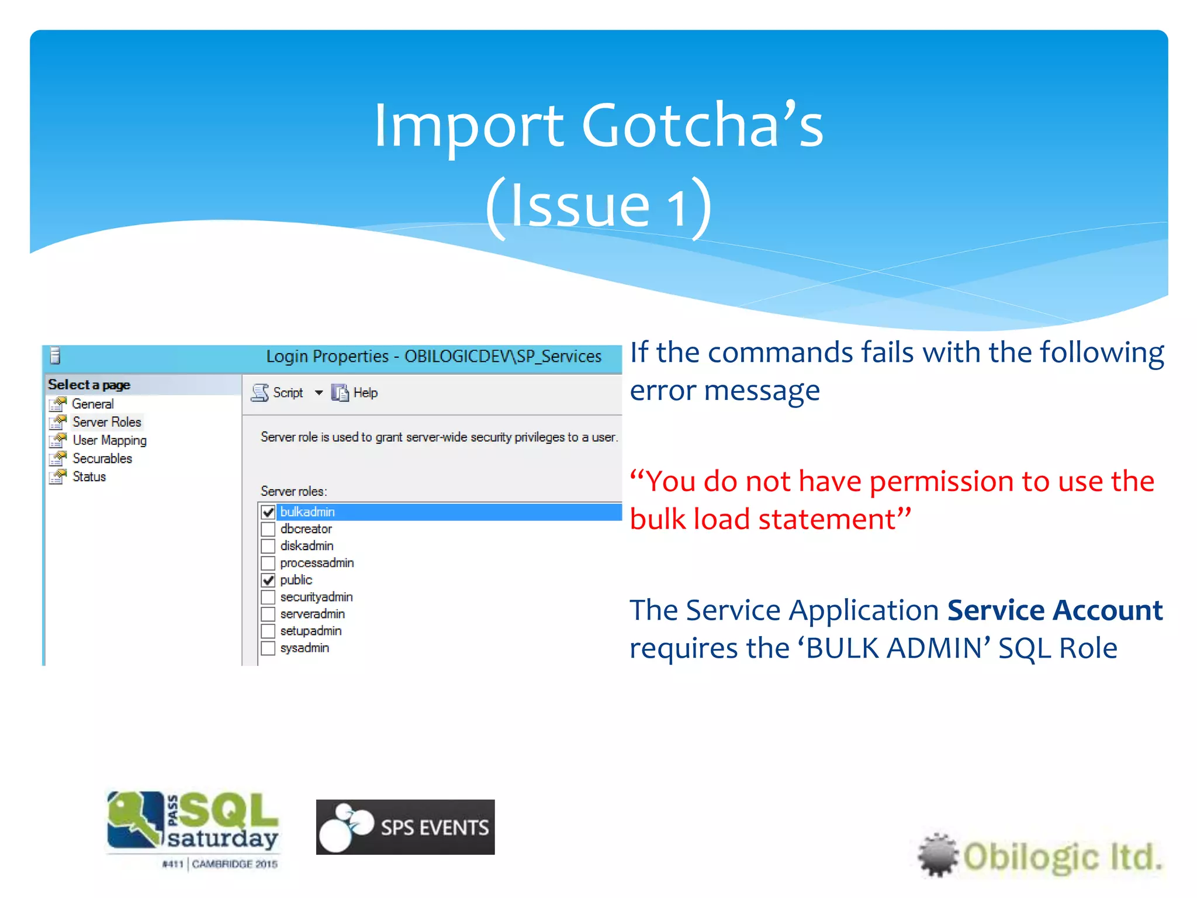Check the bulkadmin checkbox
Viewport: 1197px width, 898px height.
268,512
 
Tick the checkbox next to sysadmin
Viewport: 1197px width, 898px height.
268,648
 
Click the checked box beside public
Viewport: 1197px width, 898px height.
268,580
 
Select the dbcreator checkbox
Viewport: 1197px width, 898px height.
268,529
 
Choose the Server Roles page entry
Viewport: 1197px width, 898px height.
106,422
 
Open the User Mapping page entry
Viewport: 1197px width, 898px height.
109,440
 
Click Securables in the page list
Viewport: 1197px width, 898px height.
102,458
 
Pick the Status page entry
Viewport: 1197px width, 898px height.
89,476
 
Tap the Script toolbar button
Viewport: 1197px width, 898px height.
278,393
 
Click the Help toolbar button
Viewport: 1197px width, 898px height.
355,393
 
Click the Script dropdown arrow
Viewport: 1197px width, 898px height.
319,393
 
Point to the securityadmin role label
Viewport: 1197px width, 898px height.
316,597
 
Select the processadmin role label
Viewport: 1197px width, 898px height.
317,563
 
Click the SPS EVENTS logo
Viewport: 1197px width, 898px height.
405,827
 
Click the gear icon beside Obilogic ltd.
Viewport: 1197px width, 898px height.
937,855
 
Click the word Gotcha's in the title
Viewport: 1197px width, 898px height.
702,125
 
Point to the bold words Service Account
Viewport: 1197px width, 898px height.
1055,610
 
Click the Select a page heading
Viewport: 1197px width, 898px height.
89,385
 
